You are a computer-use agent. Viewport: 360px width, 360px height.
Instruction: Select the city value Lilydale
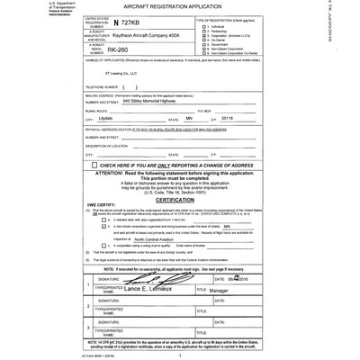click(106, 118)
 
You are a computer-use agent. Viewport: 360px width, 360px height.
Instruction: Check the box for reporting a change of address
click(94, 166)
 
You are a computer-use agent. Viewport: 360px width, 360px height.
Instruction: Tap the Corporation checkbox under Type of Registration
click(202, 35)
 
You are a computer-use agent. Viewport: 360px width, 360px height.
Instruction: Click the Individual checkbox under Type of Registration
click(202, 26)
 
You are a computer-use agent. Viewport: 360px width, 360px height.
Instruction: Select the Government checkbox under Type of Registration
click(202, 44)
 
